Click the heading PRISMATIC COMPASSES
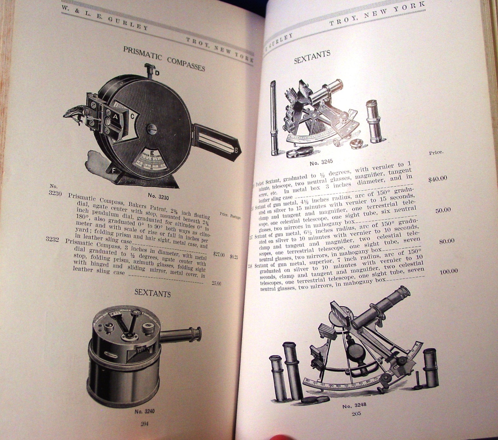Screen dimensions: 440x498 tap(164, 58)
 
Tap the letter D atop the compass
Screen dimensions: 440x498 tap(157, 73)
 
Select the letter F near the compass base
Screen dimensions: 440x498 tap(113, 170)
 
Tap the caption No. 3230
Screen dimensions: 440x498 tap(158, 196)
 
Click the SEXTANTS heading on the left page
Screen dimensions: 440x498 tap(153, 293)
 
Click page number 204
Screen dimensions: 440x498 tap(144, 423)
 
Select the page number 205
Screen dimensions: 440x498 tap(356, 414)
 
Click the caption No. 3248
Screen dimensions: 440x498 tap(354, 406)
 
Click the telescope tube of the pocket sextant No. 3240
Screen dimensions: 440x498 tap(181, 334)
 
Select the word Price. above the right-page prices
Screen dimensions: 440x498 tap(436, 153)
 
